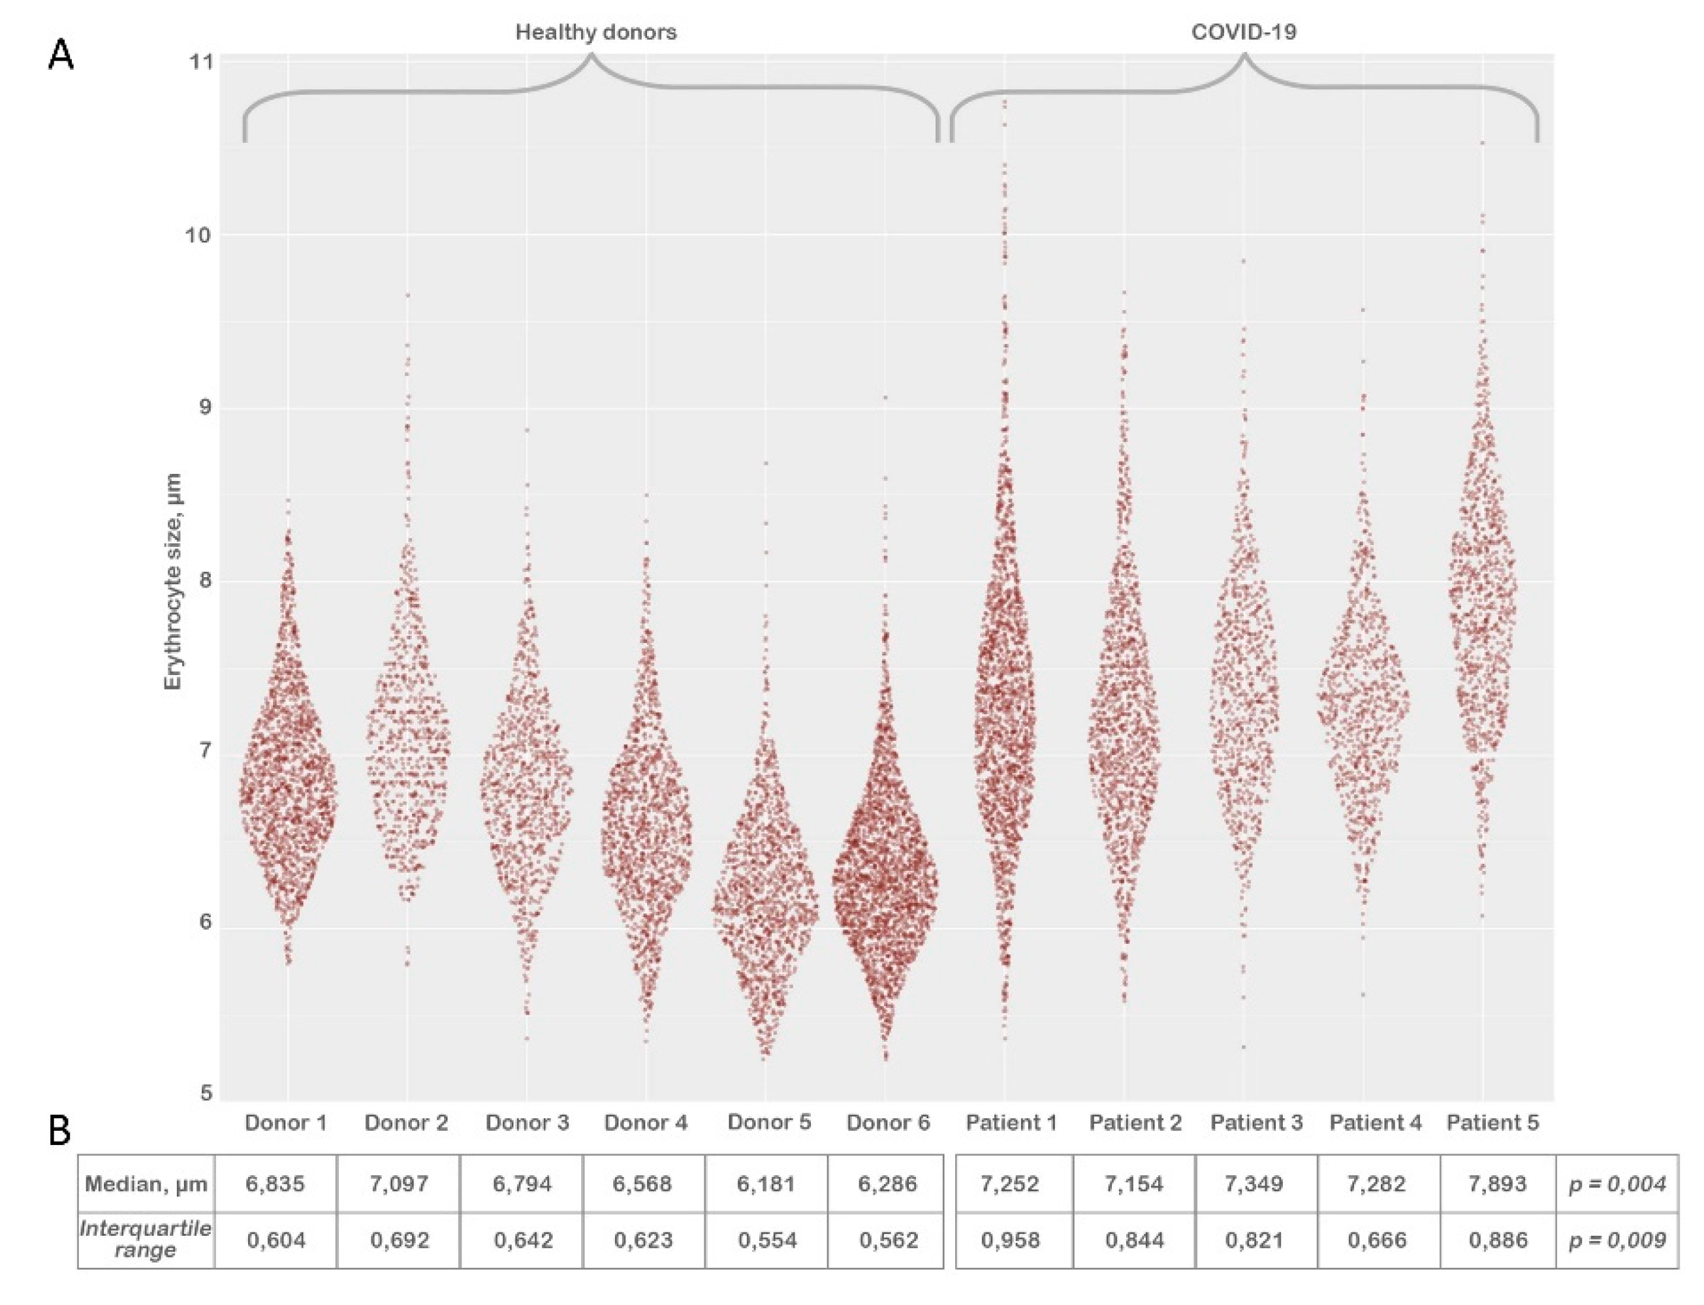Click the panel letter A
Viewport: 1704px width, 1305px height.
pyautogui.click(x=61, y=56)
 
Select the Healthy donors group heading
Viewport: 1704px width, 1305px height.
pyautogui.click(x=595, y=33)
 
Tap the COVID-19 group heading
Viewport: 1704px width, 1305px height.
pyautogui.click(x=1244, y=33)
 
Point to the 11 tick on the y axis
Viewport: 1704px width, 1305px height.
pyautogui.click(x=200, y=61)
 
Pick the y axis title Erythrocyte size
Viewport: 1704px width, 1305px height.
pyautogui.click(x=172, y=580)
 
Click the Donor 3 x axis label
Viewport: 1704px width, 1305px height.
pyautogui.click(x=527, y=1122)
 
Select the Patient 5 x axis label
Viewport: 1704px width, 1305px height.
pyautogui.click(x=1492, y=1122)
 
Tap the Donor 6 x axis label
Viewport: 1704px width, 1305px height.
pyautogui.click(x=888, y=1122)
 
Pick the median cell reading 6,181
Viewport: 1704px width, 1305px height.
pyautogui.click(x=766, y=1184)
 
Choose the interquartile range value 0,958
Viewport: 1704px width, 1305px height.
pyautogui.click(x=1009, y=1240)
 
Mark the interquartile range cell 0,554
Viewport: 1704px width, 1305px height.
pyautogui.click(x=767, y=1240)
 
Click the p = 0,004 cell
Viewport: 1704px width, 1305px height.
pyautogui.click(x=1617, y=1184)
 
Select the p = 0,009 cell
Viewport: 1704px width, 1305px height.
pyautogui.click(x=1617, y=1240)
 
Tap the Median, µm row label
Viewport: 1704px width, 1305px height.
pyautogui.click(x=146, y=1184)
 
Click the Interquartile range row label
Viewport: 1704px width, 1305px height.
pyautogui.click(x=146, y=1240)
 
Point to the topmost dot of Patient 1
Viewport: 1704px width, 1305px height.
pyautogui.click(x=1004, y=102)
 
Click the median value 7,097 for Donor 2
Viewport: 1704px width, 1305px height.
pyautogui.click(x=399, y=1184)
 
